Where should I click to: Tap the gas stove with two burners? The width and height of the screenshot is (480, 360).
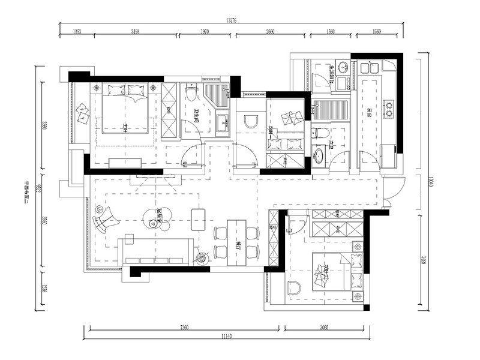(x=388, y=108)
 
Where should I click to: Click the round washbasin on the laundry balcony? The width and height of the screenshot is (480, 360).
(x=343, y=67)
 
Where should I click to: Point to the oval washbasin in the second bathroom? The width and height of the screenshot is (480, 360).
(x=319, y=156)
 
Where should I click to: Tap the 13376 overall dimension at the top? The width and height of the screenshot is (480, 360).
(x=231, y=20)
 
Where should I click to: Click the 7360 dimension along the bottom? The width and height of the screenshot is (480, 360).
(x=184, y=328)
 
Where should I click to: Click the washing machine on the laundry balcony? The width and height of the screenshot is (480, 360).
(x=343, y=84)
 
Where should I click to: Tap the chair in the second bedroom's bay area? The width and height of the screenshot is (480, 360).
(x=293, y=287)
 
